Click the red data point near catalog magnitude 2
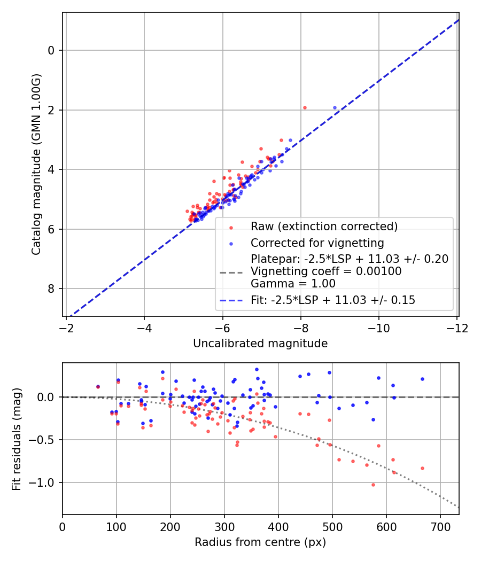pos(305,107)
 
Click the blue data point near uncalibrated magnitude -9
pos(335,107)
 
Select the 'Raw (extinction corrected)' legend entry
pos(324,227)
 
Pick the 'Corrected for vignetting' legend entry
pos(317,243)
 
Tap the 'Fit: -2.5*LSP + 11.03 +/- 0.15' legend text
pos(333,300)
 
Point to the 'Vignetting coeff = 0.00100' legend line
pos(326,271)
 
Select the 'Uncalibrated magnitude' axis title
pos(260,344)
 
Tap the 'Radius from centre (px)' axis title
pos(260,542)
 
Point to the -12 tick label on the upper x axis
pos(457,326)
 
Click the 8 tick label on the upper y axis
pos(51,289)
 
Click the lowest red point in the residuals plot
pos(373,485)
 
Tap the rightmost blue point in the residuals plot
pos(422,379)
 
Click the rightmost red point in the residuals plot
pos(422,468)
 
